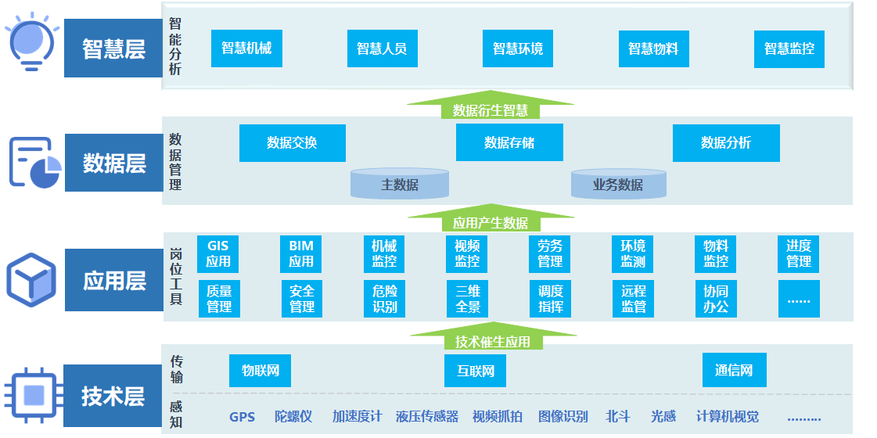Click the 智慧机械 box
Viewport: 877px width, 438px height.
pos(246,48)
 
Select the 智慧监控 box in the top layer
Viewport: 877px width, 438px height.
pos(789,48)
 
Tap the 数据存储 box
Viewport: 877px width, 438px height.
pos(509,142)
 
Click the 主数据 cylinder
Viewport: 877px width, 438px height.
pos(400,185)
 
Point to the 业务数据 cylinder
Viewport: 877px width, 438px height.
pos(618,185)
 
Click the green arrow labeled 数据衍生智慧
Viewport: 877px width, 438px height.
pos(490,107)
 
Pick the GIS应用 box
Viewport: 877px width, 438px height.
pos(218,253)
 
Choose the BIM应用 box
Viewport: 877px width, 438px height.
pos(301,253)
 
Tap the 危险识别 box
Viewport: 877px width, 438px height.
pos(384,298)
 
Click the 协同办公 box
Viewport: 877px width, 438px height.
pos(716,298)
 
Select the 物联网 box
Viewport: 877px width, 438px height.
pos(260,370)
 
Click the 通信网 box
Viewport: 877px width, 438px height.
pos(734,370)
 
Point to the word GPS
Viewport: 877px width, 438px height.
pos(243,417)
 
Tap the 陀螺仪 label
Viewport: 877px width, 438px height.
pos(293,417)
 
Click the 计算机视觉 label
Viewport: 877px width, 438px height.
pos(727,417)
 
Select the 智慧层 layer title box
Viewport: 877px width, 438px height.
pos(113,48)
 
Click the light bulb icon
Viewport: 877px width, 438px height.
pos(31,43)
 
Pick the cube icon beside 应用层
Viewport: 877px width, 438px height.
pos(31,279)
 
